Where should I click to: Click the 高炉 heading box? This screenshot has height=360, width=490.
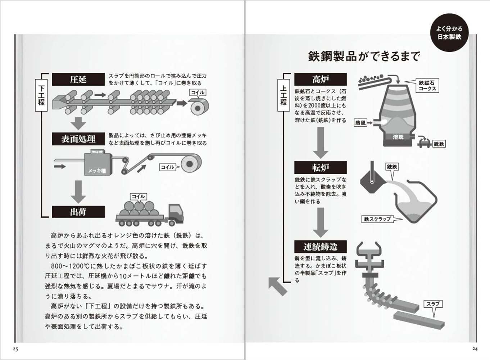click(320, 79)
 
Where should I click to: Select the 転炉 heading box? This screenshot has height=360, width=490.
click(320, 168)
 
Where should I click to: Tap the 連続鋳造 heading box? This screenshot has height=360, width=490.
click(320, 247)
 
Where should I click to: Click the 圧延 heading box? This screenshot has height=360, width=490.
click(78, 79)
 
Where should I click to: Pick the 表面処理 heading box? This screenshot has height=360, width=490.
click(78, 139)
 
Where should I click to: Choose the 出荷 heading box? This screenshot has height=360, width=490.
click(78, 212)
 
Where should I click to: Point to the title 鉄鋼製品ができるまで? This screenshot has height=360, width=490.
click(364, 57)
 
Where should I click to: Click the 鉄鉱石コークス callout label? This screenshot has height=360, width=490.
click(427, 86)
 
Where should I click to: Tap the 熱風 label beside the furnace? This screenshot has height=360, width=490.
click(360, 123)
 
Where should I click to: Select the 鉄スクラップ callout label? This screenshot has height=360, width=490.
click(377, 219)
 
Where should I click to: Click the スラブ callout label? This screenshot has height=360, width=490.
click(433, 304)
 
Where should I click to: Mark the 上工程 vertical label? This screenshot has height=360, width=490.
click(283, 95)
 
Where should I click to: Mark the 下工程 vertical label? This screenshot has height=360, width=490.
click(41, 95)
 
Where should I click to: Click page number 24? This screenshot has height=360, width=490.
click(475, 348)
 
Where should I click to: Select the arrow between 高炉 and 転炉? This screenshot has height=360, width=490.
click(320, 143)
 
